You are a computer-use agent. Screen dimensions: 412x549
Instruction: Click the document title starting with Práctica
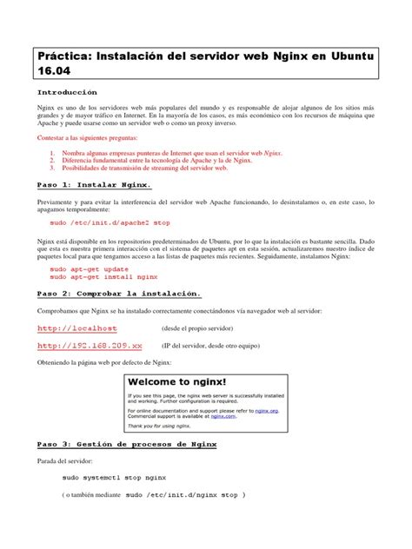tap(205, 63)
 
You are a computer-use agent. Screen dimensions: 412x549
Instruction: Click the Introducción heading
tap(67, 91)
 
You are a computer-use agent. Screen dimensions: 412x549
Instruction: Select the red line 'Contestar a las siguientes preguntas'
tap(87, 139)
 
